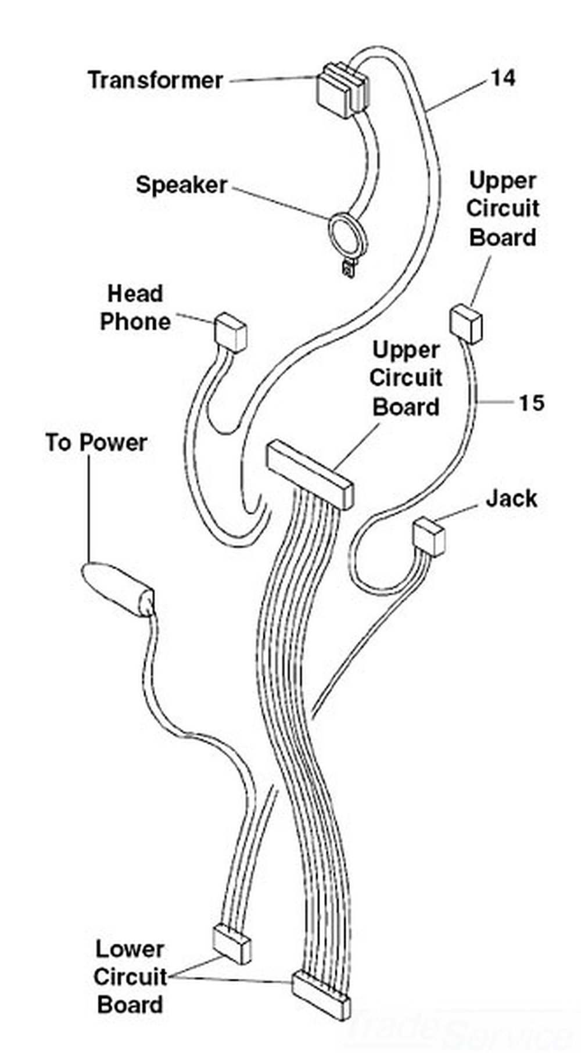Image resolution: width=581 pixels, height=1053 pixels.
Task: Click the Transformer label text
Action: pos(155,80)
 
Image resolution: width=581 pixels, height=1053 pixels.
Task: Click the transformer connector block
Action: pos(342,90)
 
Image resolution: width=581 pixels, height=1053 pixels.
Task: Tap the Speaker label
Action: pos(181,185)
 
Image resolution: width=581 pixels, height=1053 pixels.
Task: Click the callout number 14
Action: pos(503,78)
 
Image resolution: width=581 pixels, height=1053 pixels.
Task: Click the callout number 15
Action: pos(530,402)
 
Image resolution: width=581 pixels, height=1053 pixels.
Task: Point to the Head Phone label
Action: pos(135,308)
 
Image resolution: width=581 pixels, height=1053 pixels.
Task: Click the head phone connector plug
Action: pos(231,332)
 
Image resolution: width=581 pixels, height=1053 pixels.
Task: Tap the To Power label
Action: pos(96,443)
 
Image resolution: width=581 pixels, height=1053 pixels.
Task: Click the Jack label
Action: pos(511,498)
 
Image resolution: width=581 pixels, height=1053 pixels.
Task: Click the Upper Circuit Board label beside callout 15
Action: pos(503,209)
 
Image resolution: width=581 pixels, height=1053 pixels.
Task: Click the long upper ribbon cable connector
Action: pos(309,474)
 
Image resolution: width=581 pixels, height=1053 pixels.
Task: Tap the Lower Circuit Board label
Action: pos(130,977)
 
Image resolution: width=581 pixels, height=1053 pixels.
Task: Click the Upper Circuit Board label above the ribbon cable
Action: pos(406,379)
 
